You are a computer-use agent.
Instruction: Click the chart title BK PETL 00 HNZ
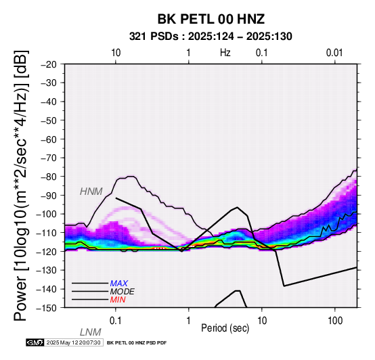pyautogui.click(x=211, y=19)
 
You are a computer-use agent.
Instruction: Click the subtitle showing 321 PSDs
pyautogui.click(x=211, y=37)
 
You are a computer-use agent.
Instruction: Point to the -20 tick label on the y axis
pyautogui.click(x=49, y=64)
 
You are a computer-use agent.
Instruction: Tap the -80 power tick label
pyautogui.click(x=49, y=177)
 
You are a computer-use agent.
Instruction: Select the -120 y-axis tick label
pyautogui.click(x=46, y=252)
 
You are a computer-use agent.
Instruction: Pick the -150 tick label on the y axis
pyautogui.click(x=46, y=308)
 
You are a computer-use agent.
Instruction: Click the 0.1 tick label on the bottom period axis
pyautogui.click(x=116, y=321)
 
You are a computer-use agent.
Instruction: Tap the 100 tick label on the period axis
pyautogui.click(x=335, y=321)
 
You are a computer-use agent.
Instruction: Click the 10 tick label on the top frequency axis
pyautogui.click(x=116, y=53)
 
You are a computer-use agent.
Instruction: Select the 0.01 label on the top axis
pyautogui.click(x=334, y=53)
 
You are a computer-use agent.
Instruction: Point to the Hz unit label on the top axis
pyautogui.click(x=225, y=53)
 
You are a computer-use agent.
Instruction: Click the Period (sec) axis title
pyautogui.click(x=225, y=328)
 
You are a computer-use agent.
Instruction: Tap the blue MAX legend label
pyautogui.click(x=119, y=284)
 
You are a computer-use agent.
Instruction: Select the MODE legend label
pyautogui.click(x=123, y=292)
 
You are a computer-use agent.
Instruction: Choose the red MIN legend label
pyautogui.click(x=118, y=300)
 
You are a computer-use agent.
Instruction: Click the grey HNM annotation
pyautogui.click(x=91, y=192)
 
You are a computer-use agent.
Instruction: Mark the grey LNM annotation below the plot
pyautogui.click(x=91, y=332)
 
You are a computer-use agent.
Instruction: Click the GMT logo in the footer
pyautogui.click(x=35, y=342)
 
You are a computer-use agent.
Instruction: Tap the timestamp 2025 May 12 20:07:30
pyautogui.click(x=73, y=342)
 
